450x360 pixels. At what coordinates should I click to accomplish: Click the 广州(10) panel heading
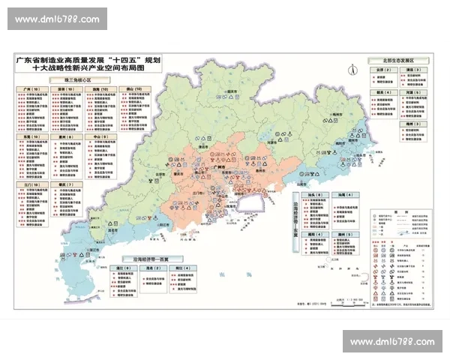[x=29, y=88]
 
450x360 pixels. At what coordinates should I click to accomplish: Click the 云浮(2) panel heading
[x=377, y=69]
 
